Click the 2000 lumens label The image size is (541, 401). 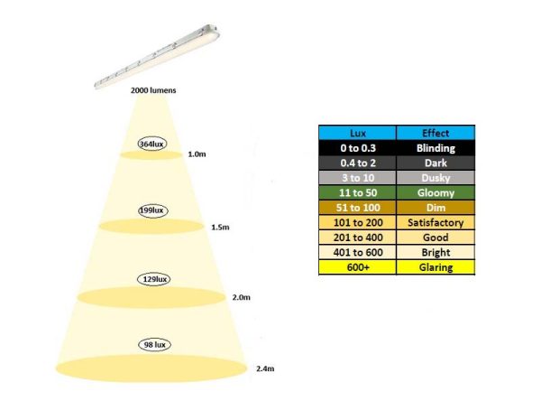153,90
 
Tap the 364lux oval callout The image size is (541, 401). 152,144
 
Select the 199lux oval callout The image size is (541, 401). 153,210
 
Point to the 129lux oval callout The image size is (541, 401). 154,279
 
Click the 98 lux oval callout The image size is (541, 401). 154,345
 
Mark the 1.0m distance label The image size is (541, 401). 197,154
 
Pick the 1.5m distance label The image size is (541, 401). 220,227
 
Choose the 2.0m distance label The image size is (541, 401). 241,297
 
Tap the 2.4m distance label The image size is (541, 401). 265,368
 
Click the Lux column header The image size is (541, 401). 357,133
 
